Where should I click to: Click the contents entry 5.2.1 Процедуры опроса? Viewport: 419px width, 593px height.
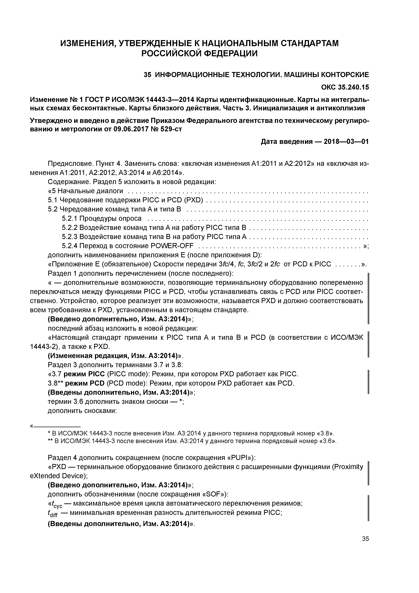point(102,219)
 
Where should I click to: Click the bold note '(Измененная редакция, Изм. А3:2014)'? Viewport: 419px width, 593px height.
point(114,356)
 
